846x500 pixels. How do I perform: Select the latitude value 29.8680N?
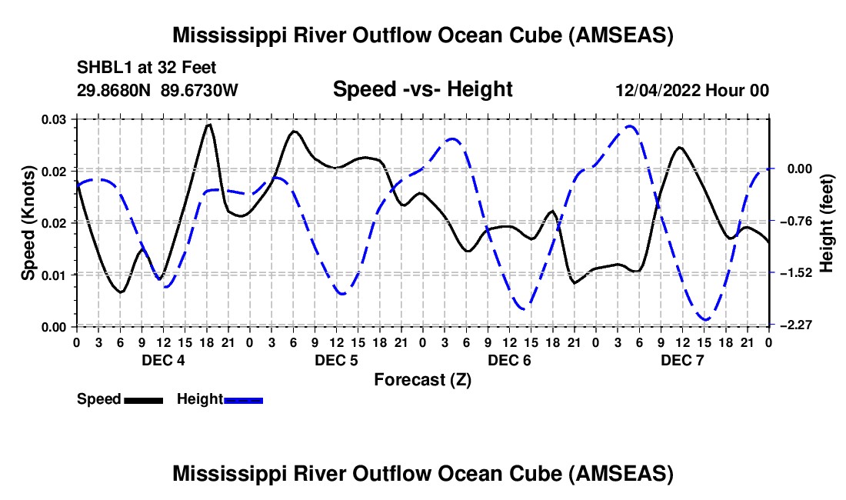coord(115,91)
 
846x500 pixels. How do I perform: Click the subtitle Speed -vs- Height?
coord(422,89)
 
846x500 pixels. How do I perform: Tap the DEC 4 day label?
coord(162,360)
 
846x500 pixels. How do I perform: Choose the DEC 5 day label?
coord(335,360)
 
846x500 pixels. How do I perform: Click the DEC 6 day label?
coord(508,360)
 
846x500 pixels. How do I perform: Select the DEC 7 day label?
coord(681,360)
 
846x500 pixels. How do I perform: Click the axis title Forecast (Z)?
coord(422,379)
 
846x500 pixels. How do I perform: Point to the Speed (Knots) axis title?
coord(28,222)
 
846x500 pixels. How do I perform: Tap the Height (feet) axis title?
coord(827,222)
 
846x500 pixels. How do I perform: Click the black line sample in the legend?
coord(142,400)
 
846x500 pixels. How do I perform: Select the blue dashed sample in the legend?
coord(243,400)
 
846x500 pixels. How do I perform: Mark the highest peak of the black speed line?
coord(208,124)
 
